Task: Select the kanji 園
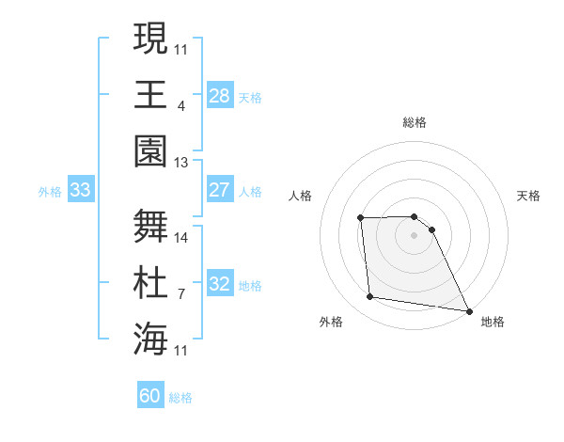coord(150,150)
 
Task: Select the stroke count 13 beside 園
coord(181,163)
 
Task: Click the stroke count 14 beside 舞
coord(181,237)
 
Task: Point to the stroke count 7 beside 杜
coord(180,293)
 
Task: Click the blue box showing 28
coord(219,95)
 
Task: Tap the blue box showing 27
coord(219,190)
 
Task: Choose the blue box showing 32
coord(219,284)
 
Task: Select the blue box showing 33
coord(80,190)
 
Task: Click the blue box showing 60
coord(150,396)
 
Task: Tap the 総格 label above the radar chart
coord(415,122)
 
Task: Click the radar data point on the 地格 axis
coord(469,310)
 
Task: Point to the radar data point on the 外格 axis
coord(370,297)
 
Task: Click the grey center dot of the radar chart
coord(414,235)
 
